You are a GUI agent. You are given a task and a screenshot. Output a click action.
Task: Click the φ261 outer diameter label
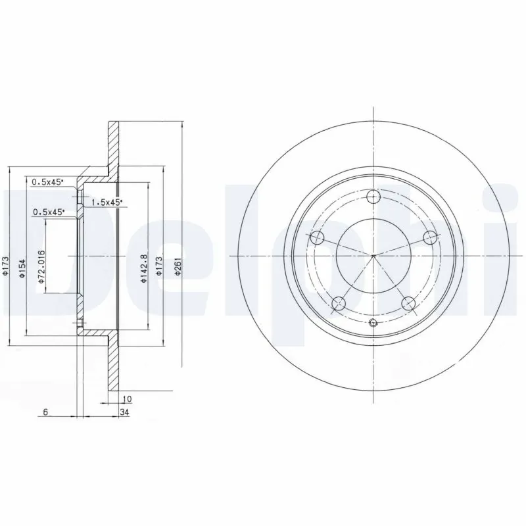178,267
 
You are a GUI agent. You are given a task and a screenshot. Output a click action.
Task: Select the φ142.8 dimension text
144,268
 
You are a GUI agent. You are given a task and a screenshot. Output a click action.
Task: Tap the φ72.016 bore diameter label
41,267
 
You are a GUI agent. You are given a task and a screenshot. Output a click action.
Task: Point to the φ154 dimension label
22,268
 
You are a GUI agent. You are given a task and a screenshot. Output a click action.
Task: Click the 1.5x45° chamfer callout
107,203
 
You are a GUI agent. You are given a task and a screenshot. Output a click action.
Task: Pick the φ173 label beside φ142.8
159,267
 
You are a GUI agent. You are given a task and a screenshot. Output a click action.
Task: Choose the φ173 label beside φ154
6,267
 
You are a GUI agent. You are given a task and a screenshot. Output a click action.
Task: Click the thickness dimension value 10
128,399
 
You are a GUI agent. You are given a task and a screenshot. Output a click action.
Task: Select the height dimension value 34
124,412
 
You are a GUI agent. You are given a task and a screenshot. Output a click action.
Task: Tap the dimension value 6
45,412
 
